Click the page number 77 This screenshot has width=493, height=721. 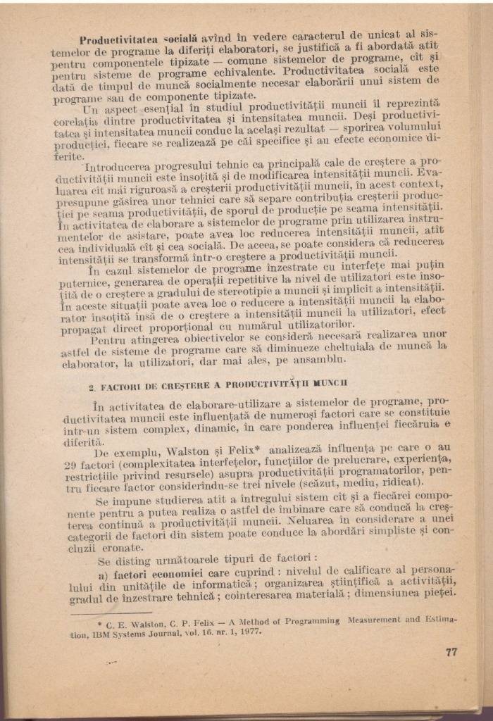pos(451,651)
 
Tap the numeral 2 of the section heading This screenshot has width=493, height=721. pos(92,387)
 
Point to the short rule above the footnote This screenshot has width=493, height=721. pos(113,611)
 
